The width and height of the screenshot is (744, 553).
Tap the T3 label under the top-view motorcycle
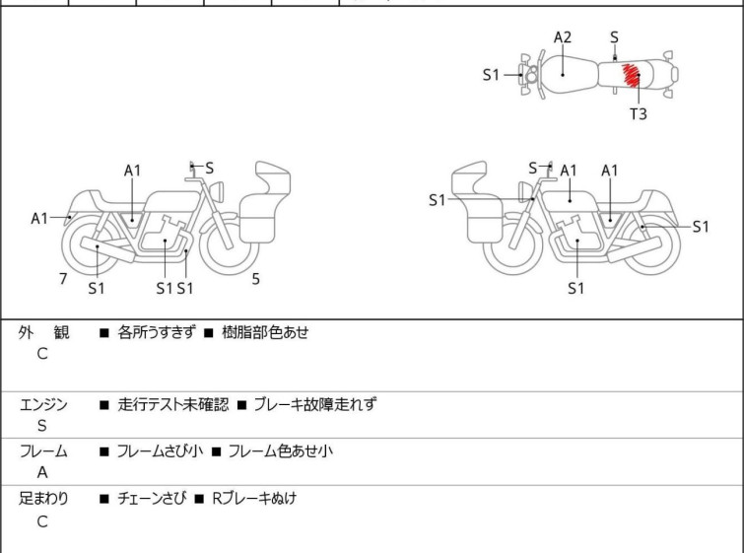tap(639, 113)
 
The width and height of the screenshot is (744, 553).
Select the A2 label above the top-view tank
tap(562, 37)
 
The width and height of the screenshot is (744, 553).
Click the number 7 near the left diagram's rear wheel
tap(63, 279)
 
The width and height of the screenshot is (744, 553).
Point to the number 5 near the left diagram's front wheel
tap(255, 279)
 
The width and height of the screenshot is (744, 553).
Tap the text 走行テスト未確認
tap(172, 404)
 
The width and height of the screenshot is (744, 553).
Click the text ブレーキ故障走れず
tap(314, 404)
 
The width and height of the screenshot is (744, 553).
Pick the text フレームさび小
tap(160, 451)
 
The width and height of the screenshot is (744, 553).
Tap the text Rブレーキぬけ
tap(253, 499)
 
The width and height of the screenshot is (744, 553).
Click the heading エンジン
tap(43, 404)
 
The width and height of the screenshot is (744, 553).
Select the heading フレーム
tap(43, 451)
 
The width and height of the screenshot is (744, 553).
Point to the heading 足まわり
tap(43, 499)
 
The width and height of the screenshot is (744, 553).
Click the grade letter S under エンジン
tap(42, 426)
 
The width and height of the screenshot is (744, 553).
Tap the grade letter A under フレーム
tap(42, 473)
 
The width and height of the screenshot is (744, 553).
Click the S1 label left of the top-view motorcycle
tap(492, 74)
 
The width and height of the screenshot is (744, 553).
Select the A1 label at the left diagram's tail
tap(39, 218)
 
